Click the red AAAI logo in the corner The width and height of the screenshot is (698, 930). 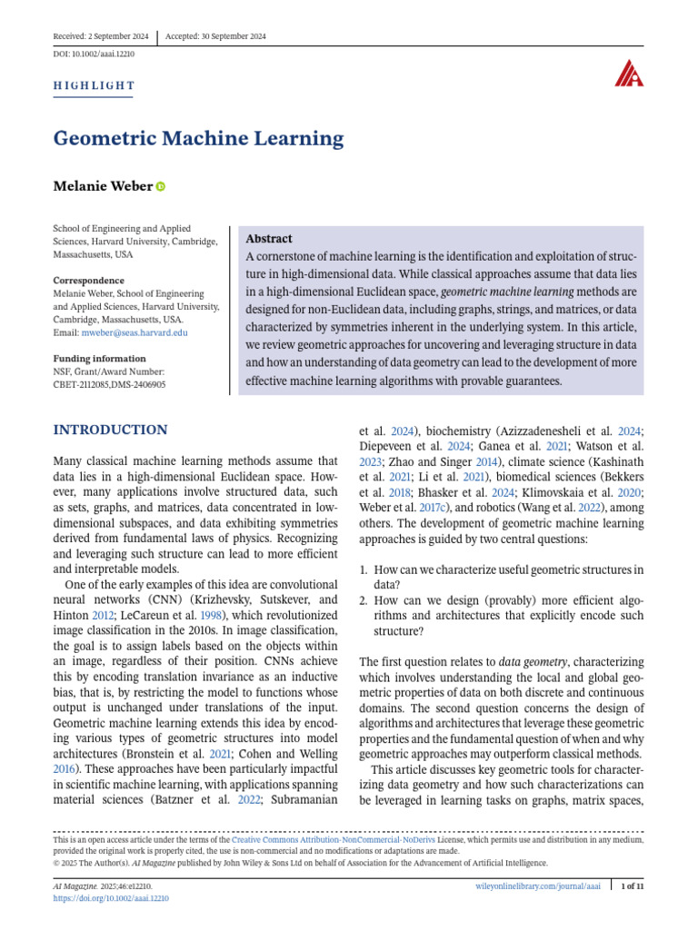pyautogui.click(x=628, y=74)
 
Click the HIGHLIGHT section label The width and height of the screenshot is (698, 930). pyautogui.click(x=95, y=86)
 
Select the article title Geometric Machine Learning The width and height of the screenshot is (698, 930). pyautogui.click(x=198, y=139)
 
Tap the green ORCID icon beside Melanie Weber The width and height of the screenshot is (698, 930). pyautogui.click(x=162, y=186)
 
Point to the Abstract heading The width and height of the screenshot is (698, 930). pyautogui.click(x=269, y=239)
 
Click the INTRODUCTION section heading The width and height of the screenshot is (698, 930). pyautogui.click(x=111, y=430)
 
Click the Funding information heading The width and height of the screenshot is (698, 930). pyautogui.click(x=99, y=359)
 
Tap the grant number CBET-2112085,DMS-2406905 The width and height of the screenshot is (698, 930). pyautogui.click(x=110, y=384)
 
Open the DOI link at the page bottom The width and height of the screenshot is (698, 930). pyautogui.click(x=112, y=898)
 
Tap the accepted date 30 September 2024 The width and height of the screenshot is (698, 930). pyautogui.click(x=229, y=36)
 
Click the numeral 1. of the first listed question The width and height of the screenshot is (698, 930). pyautogui.click(x=364, y=569)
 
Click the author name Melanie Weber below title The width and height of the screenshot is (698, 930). pyautogui.click(x=103, y=186)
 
